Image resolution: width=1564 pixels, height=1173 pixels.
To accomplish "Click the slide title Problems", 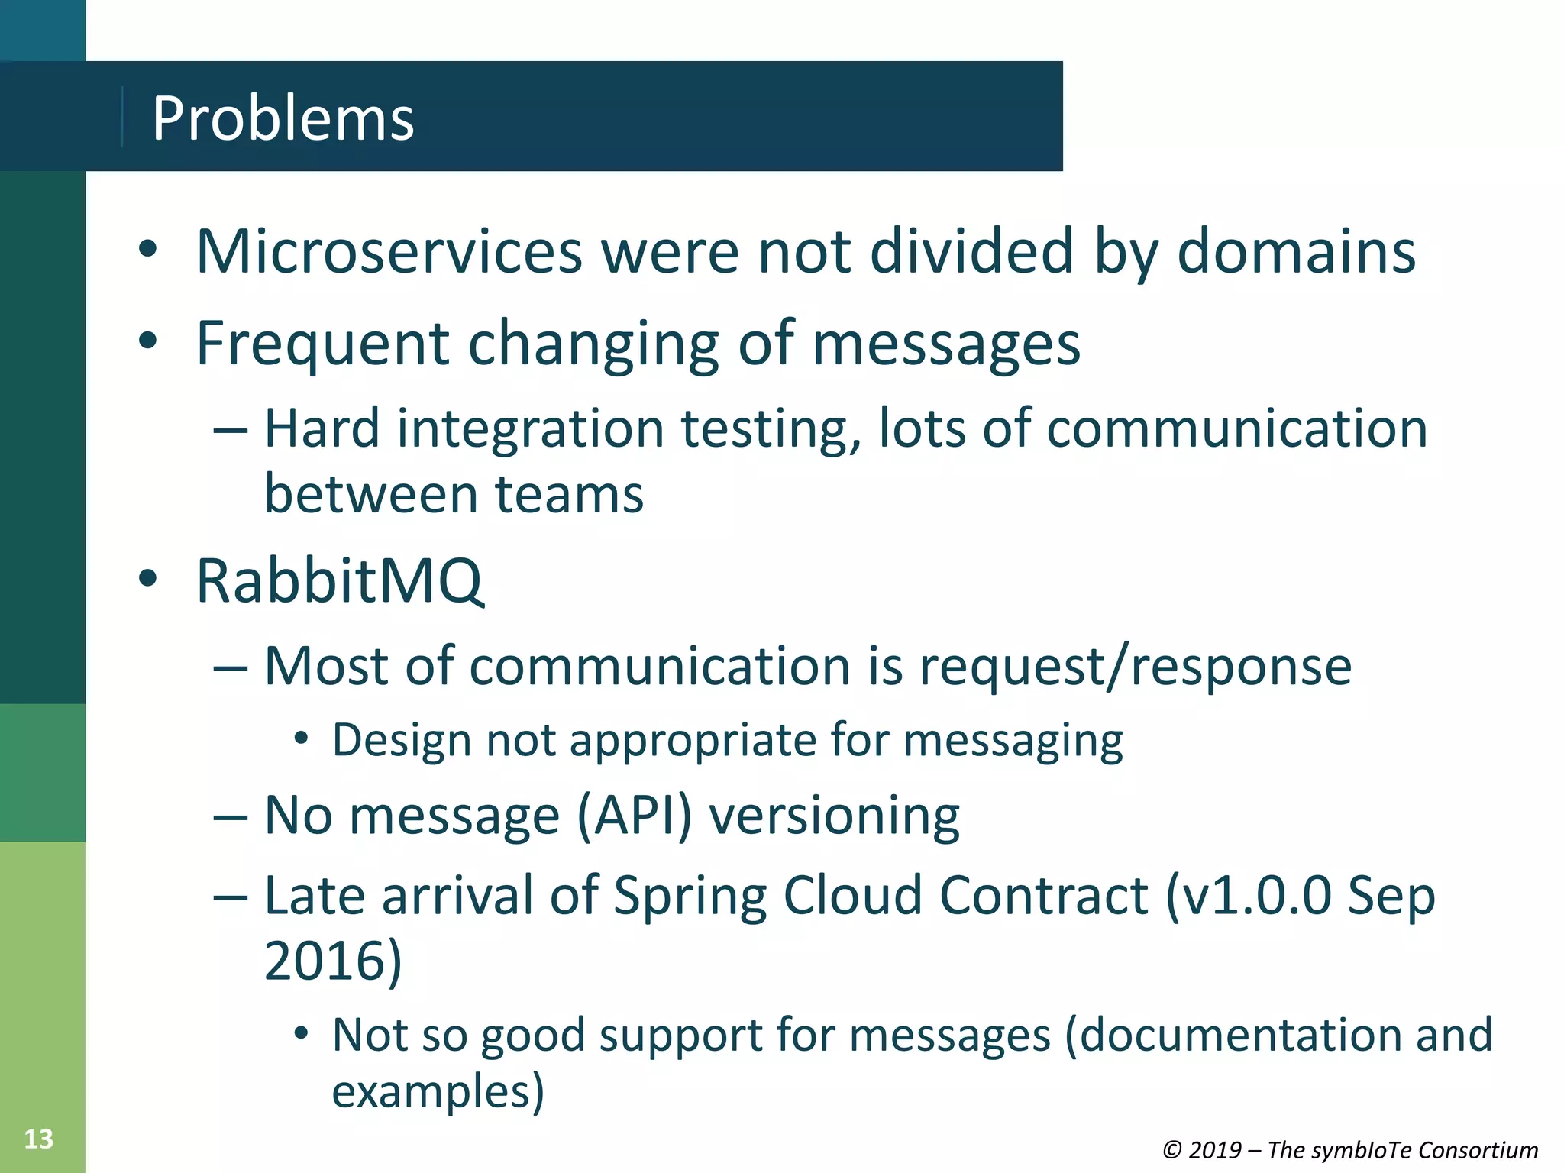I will click(x=283, y=119).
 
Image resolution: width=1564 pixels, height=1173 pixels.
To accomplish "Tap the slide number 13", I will click(x=38, y=1139).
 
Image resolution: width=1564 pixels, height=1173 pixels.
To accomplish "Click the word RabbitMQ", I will click(x=339, y=581).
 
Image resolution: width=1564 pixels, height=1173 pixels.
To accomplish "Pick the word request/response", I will click(x=1135, y=667).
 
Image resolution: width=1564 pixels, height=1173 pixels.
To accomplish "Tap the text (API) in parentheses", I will click(x=633, y=816).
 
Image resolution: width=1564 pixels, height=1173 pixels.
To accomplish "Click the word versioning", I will click(x=834, y=817).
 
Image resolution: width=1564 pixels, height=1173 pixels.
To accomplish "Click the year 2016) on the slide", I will click(x=333, y=961).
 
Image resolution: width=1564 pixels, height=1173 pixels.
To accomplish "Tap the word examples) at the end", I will click(x=438, y=1091).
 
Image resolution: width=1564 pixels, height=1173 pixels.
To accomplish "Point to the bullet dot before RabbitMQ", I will click(x=147, y=578).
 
